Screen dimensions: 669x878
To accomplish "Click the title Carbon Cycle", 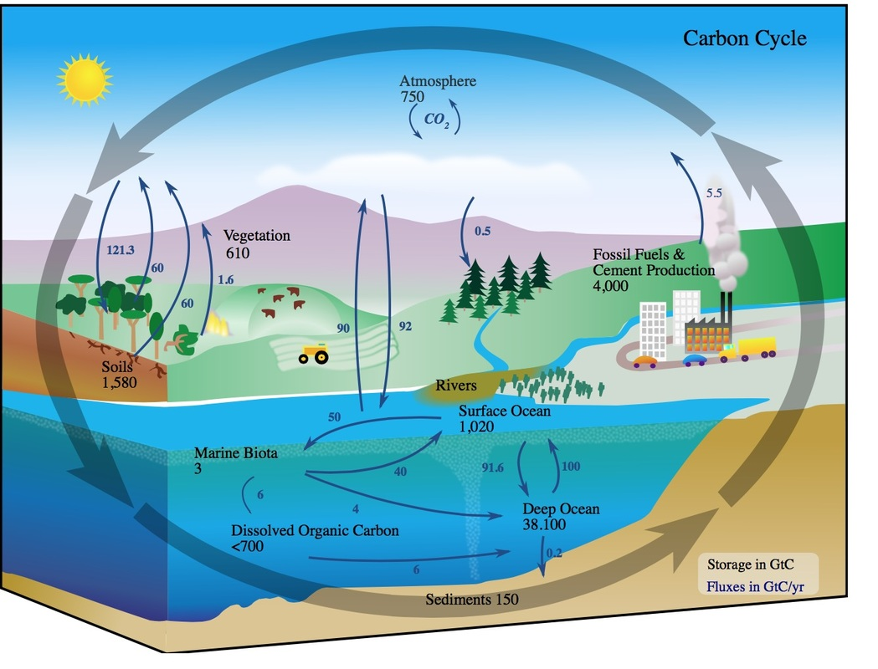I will (744, 38).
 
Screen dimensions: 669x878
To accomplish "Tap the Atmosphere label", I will (437, 82).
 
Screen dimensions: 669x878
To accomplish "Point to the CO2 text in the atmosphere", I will (436, 119).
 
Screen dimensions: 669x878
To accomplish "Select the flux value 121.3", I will (121, 249).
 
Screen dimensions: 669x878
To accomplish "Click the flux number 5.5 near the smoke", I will (714, 193).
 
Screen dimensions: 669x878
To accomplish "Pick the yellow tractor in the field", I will (314, 354).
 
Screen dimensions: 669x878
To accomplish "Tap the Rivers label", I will (456, 386).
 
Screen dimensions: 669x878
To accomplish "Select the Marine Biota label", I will (235, 454).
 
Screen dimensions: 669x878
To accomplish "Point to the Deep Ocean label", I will (561, 509).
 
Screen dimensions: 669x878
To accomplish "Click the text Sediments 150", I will (471, 600).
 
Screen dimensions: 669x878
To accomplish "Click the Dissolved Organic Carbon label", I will (315, 530).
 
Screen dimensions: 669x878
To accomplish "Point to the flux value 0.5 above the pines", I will (482, 231).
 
